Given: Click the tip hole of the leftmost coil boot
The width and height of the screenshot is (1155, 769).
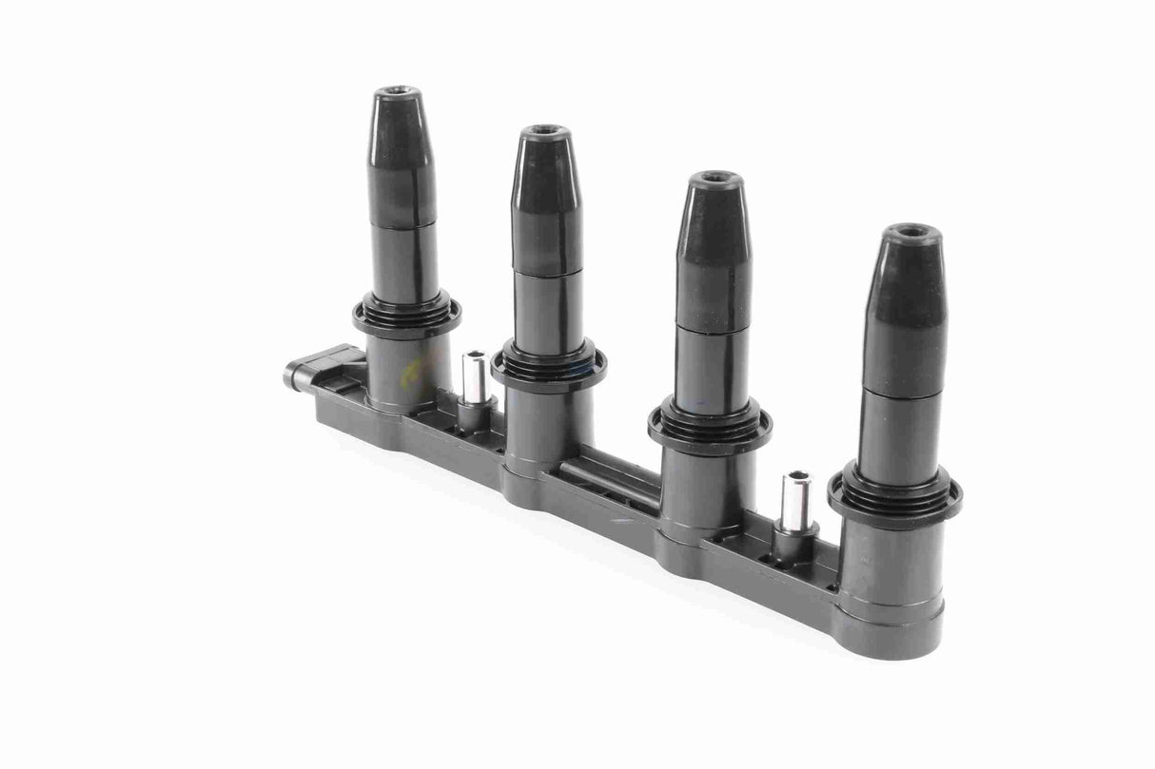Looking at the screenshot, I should point(398,93).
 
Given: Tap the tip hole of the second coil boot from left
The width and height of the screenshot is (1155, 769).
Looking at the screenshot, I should point(545,130).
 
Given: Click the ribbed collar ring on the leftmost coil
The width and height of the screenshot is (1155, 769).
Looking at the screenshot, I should point(407,317).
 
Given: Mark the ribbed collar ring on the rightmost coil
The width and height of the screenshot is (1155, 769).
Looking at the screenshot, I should point(894,493).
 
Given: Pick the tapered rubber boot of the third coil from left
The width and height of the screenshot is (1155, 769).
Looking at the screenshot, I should point(714,247).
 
